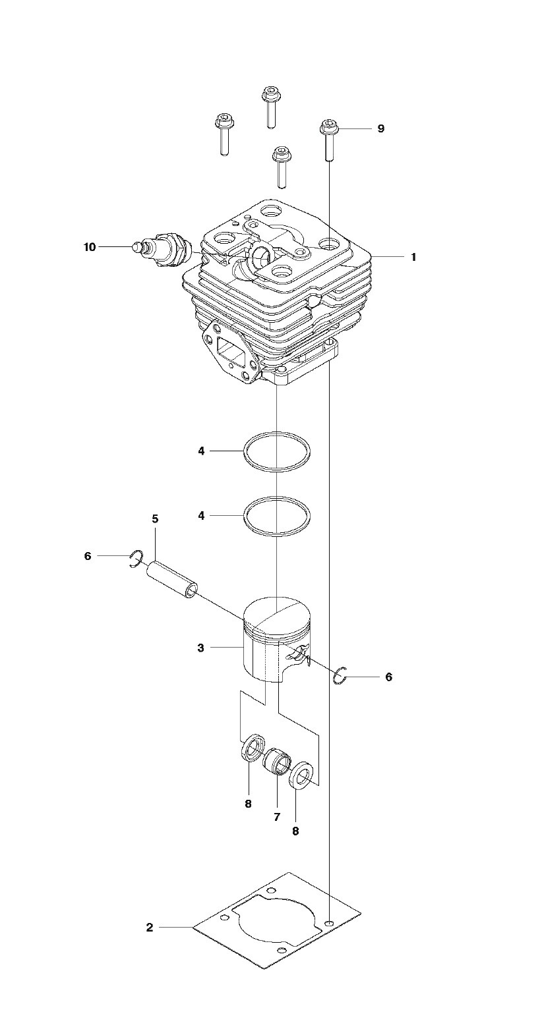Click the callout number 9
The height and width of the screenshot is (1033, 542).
coord(380,128)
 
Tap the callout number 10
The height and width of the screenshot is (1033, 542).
coord(90,247)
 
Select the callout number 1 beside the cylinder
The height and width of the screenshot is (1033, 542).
coord(413,257)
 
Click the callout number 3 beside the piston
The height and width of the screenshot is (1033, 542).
coord(201,648)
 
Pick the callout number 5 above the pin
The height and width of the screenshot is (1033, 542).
coord(155,519)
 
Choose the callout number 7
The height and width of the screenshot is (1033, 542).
coord(277,817)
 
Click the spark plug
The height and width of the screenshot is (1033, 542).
coord(162,250)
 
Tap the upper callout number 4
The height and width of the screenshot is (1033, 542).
coord(201,451)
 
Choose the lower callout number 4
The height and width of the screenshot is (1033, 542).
coord(201,516)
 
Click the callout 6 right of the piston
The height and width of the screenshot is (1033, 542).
coord(389,677)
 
